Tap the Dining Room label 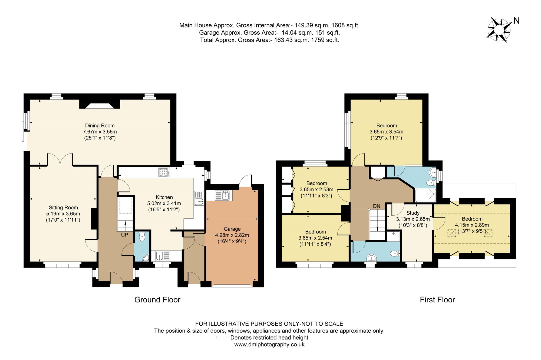[x=100, y=125]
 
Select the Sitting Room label [x=63, y=208]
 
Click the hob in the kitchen [x=164, y=172]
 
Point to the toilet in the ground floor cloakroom [x=142, y=237]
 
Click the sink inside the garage [x=223, y=195]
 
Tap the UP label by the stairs [x=124, y=235]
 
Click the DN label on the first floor [x=377, y=206]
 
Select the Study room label [x=413, y=213]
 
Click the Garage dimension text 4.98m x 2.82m [x=232, y=235]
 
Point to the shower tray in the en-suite [x=425, y=195]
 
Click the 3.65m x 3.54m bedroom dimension [x=386, y=132]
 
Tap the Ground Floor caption [x=157, y=300]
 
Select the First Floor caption [x=437, y=300]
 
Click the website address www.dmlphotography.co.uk [x=269, y=345]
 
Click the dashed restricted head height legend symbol [x=222, y=338]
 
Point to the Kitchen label [x=164, y=197]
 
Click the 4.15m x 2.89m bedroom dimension [x=472, y=225]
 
